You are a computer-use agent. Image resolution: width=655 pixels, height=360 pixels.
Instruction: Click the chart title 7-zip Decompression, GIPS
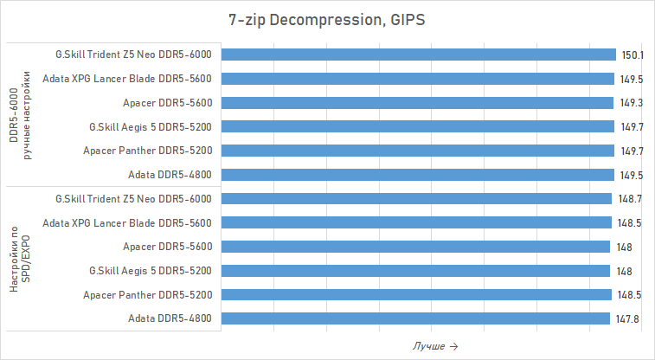(327, 20)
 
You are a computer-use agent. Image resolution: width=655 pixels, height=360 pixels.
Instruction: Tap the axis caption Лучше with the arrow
(434, 346)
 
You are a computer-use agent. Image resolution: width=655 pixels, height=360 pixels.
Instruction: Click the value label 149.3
(632, 102)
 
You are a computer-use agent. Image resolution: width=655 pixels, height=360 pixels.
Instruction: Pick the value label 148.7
(632, 198)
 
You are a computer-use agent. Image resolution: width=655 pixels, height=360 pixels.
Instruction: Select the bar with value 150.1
(418, 55)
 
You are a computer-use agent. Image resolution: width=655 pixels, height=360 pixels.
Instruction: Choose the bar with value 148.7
(416, 198)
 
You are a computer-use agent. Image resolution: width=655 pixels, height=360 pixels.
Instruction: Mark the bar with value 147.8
(415, 318)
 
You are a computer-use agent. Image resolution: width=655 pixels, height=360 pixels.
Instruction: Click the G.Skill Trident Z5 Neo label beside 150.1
(133, 55)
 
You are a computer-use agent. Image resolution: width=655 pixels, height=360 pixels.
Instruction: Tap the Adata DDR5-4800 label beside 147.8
(169, 318)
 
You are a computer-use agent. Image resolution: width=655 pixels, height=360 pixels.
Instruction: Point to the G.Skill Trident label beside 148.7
(133, 198)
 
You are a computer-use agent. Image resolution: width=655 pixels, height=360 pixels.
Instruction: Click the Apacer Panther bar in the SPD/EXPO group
(416, 294)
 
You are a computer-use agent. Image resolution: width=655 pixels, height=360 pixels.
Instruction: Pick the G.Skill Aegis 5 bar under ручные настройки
(417, 126)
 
